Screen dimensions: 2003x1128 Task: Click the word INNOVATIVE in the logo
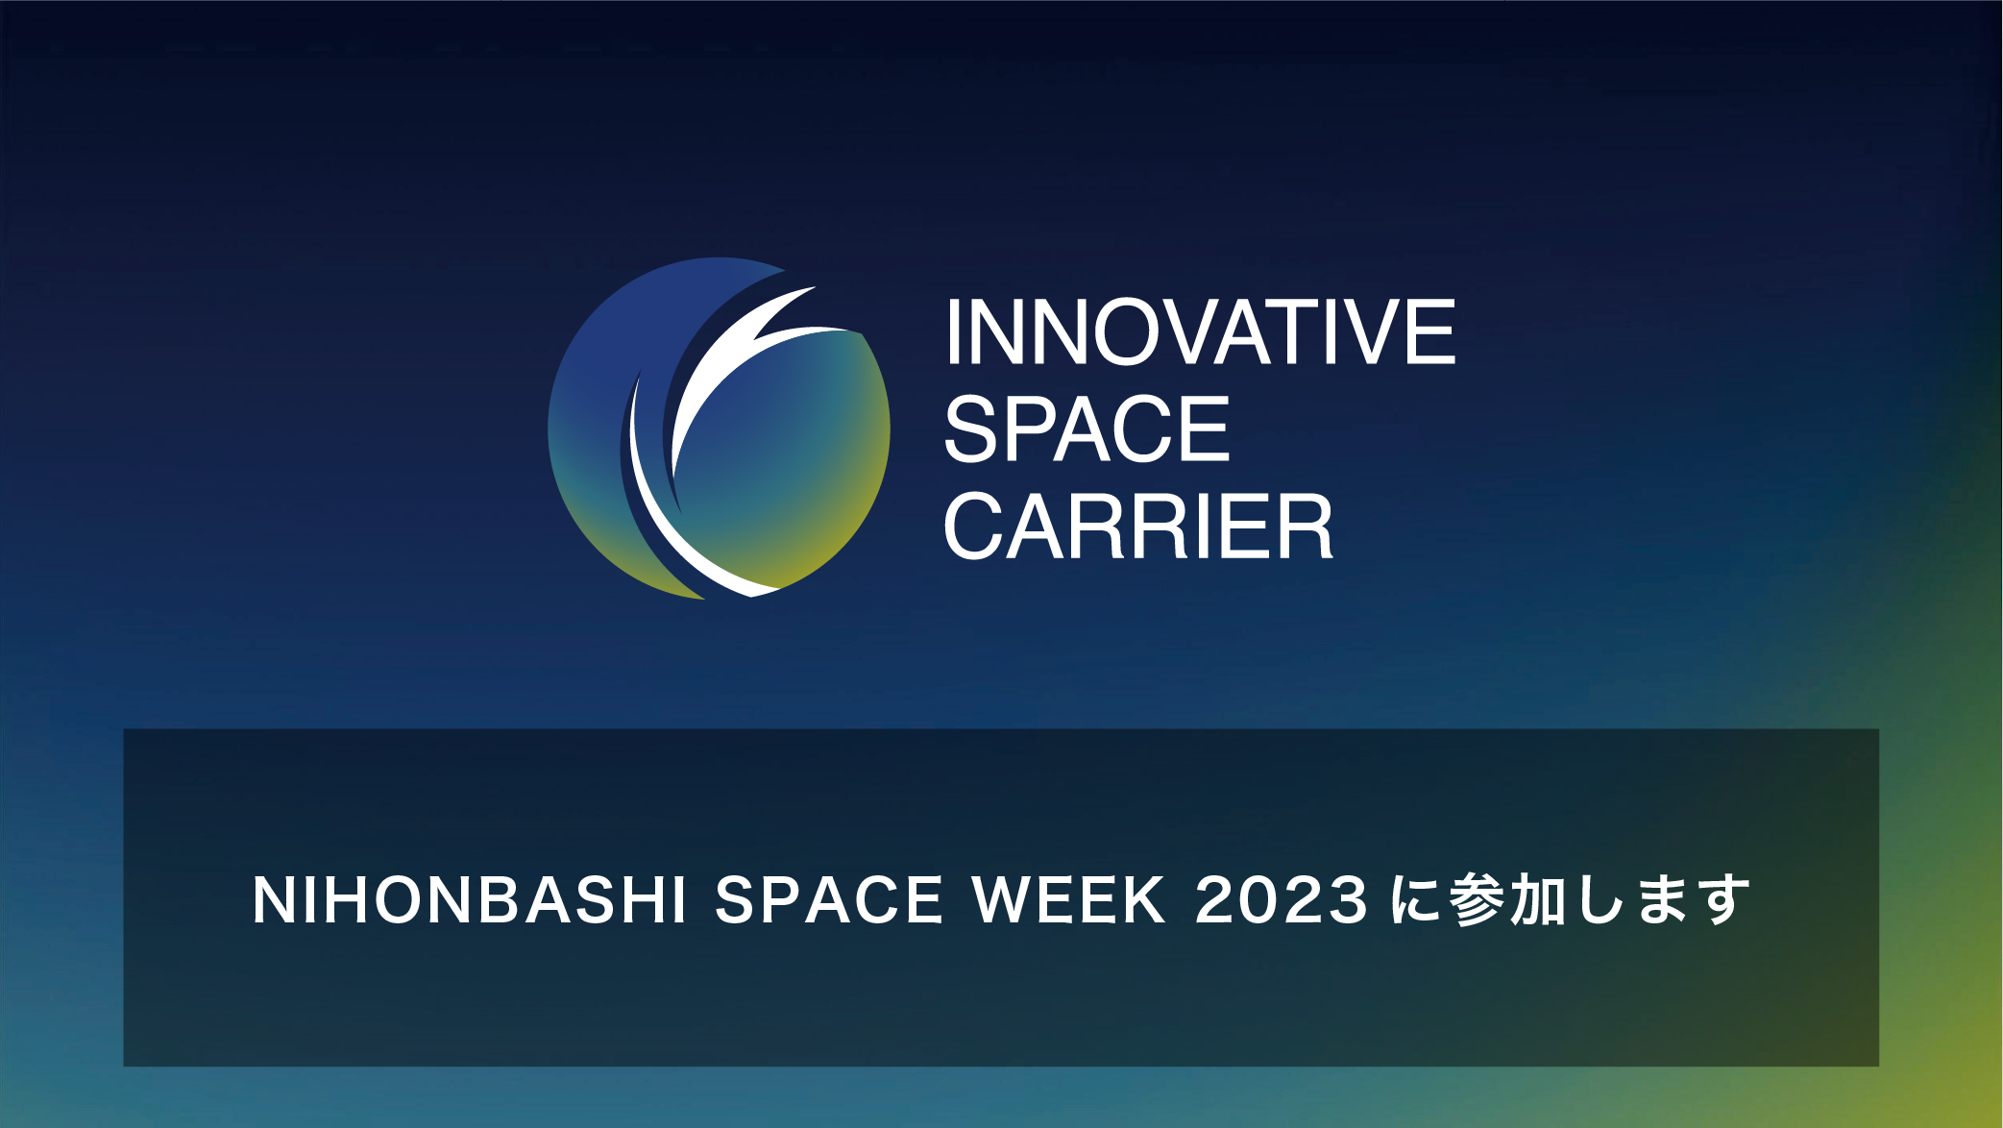click(1201, 331)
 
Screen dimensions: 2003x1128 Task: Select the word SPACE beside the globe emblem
click(1087, 429)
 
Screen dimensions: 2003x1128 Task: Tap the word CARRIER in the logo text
click(1138, 526)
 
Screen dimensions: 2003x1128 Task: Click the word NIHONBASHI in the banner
click(470, 900)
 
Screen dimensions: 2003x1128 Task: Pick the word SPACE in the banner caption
click(829, 900)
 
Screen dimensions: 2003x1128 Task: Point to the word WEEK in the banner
click(1068, 900)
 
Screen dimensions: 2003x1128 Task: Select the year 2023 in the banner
click(1281, 900)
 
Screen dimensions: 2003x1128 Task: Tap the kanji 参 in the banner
click(1478, 900)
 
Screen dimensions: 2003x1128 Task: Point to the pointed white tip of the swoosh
click(815, 287)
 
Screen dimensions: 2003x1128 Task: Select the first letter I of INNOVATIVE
click(953, 331)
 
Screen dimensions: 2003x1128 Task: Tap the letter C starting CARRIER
click(975, 526)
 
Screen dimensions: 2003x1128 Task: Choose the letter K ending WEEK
click(1145, 900)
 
